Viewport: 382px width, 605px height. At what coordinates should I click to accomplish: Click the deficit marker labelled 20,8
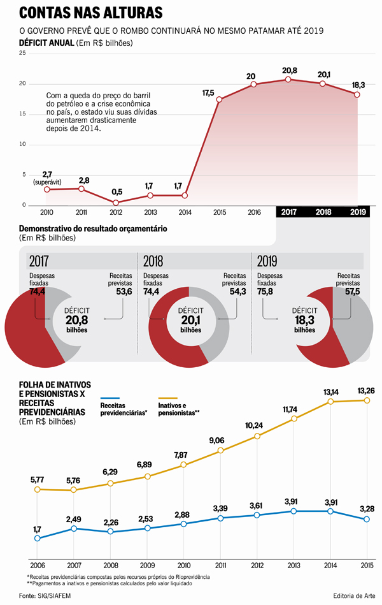(x=288, y=80)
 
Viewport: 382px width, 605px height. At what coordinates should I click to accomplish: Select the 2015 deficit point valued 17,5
(x=219, y=99)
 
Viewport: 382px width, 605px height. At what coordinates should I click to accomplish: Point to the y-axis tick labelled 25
(x=22, y=54)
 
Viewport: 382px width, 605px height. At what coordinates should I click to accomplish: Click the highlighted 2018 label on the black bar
(x=323, y=212)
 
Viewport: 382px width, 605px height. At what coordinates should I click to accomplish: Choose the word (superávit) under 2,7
(x=47, y=182)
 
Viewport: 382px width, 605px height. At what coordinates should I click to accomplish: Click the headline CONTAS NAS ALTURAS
(x=90, y=13)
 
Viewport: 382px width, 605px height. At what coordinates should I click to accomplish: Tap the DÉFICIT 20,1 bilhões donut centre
(x=191, y=320)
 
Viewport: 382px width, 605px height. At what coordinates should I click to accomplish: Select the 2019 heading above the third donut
(x=267, y=261)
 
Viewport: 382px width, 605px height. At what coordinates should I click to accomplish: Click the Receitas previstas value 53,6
(x=124, y=292)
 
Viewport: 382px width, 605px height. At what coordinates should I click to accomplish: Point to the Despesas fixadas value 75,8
(x=265, y=292)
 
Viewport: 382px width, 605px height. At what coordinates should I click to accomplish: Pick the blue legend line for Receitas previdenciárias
(x=110, y=398)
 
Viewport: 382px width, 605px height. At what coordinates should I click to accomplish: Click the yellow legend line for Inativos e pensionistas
(x=167, y=398)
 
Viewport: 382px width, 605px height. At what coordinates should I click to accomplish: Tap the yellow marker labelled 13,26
(x=367, y=400)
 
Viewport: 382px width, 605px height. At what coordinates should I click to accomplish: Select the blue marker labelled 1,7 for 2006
(x=38, y=538)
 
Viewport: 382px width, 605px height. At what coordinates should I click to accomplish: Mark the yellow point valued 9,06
(x=220, y=450)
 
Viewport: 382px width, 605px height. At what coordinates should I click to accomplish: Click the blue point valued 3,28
(x=367, y=520)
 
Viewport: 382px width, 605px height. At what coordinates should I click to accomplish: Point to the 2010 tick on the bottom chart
(x=183, y=565)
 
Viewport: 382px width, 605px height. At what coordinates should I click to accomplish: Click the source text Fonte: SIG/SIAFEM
(x=45, y=595)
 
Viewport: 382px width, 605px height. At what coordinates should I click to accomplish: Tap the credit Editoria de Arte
(x=354, y=595)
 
